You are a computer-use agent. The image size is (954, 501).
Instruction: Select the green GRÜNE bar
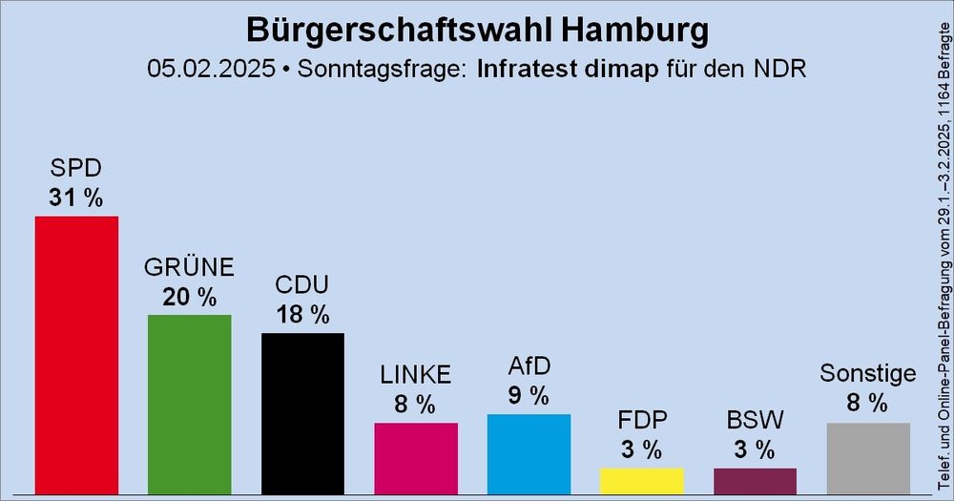pyautogui.click(x=189, y=405)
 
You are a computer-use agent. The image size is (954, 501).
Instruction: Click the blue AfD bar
pyautogui.click(x=529, y=454)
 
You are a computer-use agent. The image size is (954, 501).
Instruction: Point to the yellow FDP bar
pyautogui.click(x=642, y=481)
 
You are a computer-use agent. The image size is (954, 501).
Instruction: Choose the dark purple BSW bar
pyautogui.click(x=755, y=481)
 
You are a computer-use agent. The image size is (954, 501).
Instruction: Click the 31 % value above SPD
pyautogui.click(x=76, y=198)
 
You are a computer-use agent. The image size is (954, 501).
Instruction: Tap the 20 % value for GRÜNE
pyautogui.click(x=189, y=297)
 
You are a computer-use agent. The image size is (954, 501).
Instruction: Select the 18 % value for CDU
pyautogui.click(x=302, y=315)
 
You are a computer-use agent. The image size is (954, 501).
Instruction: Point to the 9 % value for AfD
pyautogui.click(x=529, y=395)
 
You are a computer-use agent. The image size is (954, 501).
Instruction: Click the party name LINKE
pyautogui.click(x=416, y=375)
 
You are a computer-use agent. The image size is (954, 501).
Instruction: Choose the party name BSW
pyautogui.click(x=755, y=421)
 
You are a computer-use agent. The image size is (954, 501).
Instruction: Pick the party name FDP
pyautogui.click(x=642, y=421)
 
